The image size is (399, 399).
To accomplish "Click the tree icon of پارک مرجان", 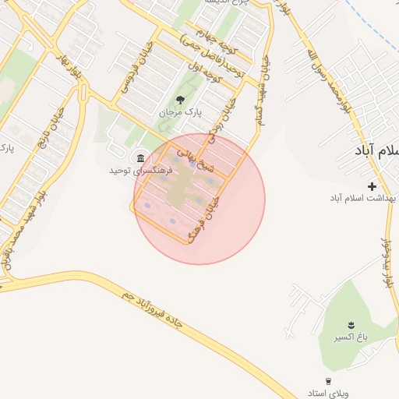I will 180,99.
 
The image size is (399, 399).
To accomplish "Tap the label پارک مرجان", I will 180,113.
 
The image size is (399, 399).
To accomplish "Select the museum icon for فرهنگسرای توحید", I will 141,158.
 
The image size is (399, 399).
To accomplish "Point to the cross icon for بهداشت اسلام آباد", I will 372,186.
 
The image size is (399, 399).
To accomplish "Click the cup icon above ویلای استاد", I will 329,381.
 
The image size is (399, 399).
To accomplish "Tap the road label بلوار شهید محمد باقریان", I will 22,226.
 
